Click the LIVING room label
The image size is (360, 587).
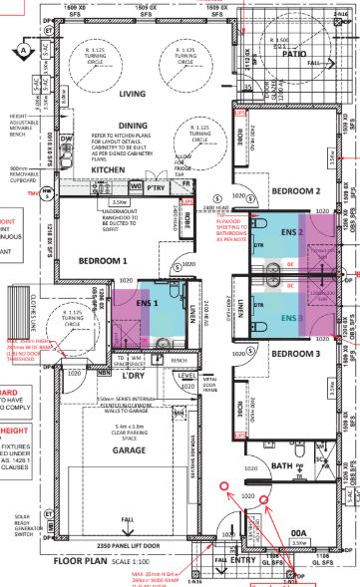tap(133, 96)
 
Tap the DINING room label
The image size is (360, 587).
tap(132, 126)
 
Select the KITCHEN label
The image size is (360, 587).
tap(108, 170)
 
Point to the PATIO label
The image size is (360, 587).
tap(294, 55)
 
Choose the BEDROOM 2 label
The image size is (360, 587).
tap(296, 190)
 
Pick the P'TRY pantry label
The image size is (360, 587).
tap(155, 187)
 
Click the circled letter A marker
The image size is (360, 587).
tap(22, 49)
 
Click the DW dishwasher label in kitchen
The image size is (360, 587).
tap(65, 138)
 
